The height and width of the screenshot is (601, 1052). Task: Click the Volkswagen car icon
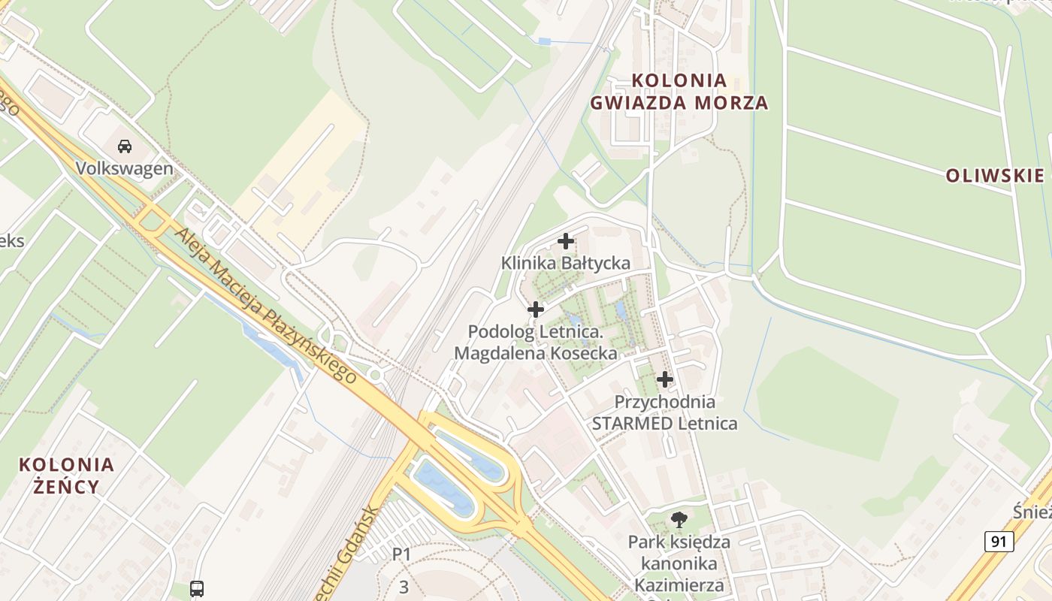click(x=125, y=146)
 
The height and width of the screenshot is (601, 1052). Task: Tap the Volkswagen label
click(x=125, y=168)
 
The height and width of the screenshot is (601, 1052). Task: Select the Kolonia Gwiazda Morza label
click(x=679, y=92)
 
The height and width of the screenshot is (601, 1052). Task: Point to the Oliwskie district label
click(x=995, y=176)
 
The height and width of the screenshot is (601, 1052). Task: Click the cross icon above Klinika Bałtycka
click(x=566, y=241)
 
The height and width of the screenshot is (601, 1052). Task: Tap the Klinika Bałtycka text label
click(x=566, y=263)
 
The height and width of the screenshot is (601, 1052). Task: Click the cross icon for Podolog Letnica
click(x=536, y=310)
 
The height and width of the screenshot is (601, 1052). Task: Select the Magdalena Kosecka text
click(x=536, y=353)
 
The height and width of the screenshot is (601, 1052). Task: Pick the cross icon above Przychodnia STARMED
click(x=665, y=379)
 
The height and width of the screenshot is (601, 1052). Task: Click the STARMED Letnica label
click(x=665, y=424)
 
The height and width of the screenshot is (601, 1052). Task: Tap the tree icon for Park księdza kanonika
click(x=679, y=518)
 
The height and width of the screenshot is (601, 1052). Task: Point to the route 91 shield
click(x=999, y=541)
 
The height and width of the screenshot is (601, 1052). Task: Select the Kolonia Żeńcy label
click(x=67, y=475)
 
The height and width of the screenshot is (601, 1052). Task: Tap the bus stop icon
click(x=197, y=588)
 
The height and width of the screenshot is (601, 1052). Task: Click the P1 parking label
click(x=402, y=554)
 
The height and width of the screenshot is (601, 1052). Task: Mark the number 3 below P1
click(x=404, y=587)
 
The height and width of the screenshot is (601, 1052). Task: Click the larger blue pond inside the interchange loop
click(x=445, y=488)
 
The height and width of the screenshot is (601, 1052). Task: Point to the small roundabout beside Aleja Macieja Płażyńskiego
click(x=374, y=374)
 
